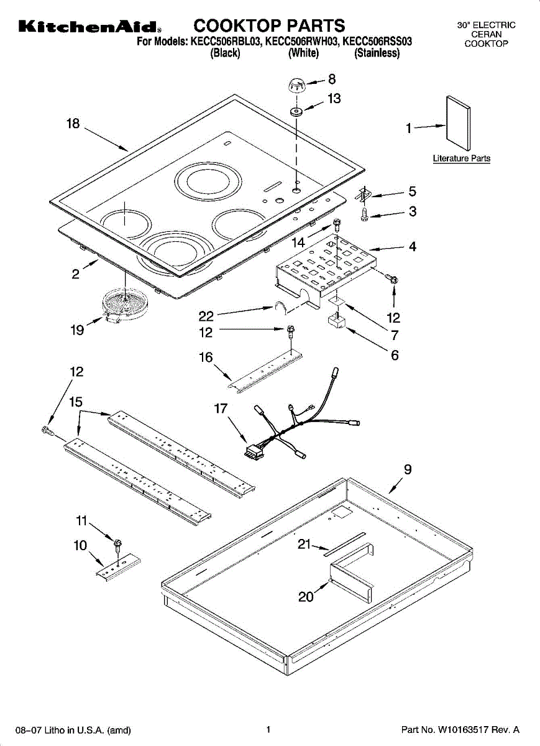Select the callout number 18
pos(73,124)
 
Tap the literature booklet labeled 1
pos(459,123)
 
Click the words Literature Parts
pos(462,158)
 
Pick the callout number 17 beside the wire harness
pos(221,408)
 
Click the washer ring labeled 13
pos(296,111)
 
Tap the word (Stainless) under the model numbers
pos(377,53)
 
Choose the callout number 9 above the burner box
pos(408,469)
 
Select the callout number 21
pos(304,544)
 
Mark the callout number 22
pos(206,316)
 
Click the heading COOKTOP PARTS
pos(269,25)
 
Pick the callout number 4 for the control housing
pos(413,246)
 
